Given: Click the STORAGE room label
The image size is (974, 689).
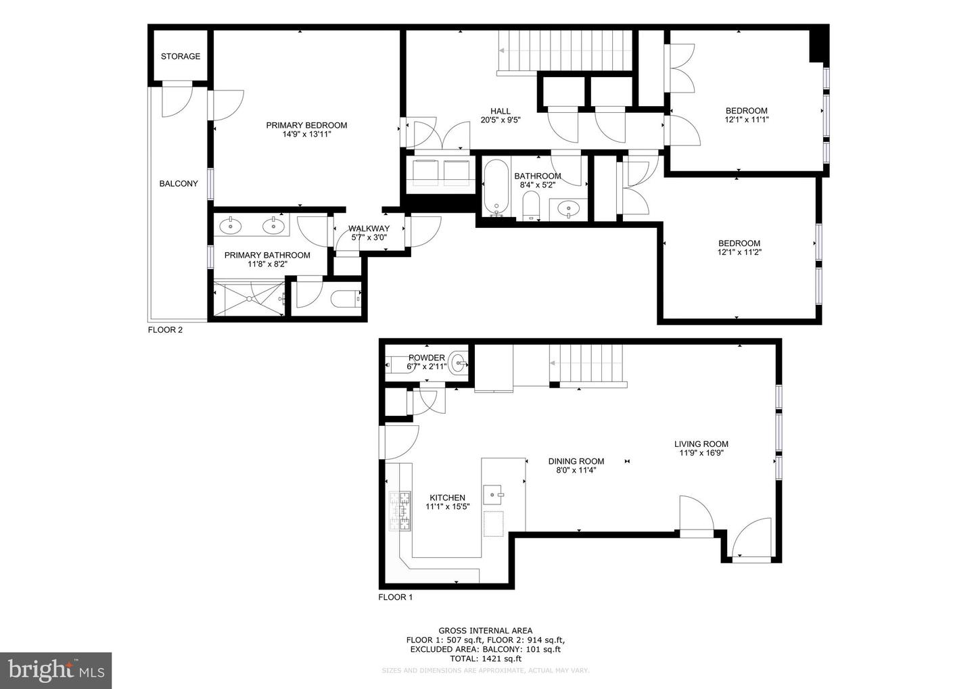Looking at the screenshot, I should pos(181,56).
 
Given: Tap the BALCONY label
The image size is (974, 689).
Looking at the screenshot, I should pos(179,183).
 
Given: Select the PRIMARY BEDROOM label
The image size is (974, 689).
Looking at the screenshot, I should pos(306,125).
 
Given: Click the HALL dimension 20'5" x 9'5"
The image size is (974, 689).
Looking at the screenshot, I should pos(500,120).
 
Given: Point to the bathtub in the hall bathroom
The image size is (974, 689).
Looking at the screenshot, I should pos(496,187).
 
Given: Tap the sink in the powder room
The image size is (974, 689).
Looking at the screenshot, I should pos(459,363).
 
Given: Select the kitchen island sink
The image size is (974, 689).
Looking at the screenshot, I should pos(494,492).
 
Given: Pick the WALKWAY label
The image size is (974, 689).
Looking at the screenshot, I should pos(369,229).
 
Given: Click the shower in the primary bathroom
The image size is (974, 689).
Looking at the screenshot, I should pos(248,298).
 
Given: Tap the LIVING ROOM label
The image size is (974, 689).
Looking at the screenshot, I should pos(701,444).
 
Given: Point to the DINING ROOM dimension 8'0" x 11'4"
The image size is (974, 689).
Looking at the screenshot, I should pos(576,470).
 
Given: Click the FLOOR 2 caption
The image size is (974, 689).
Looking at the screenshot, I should pos(165,330).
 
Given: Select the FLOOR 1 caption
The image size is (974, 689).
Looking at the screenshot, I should pos(395,597).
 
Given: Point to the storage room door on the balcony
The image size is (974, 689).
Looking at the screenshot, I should pos(177,99).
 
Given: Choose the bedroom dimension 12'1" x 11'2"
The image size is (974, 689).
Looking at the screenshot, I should pos(739,252).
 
